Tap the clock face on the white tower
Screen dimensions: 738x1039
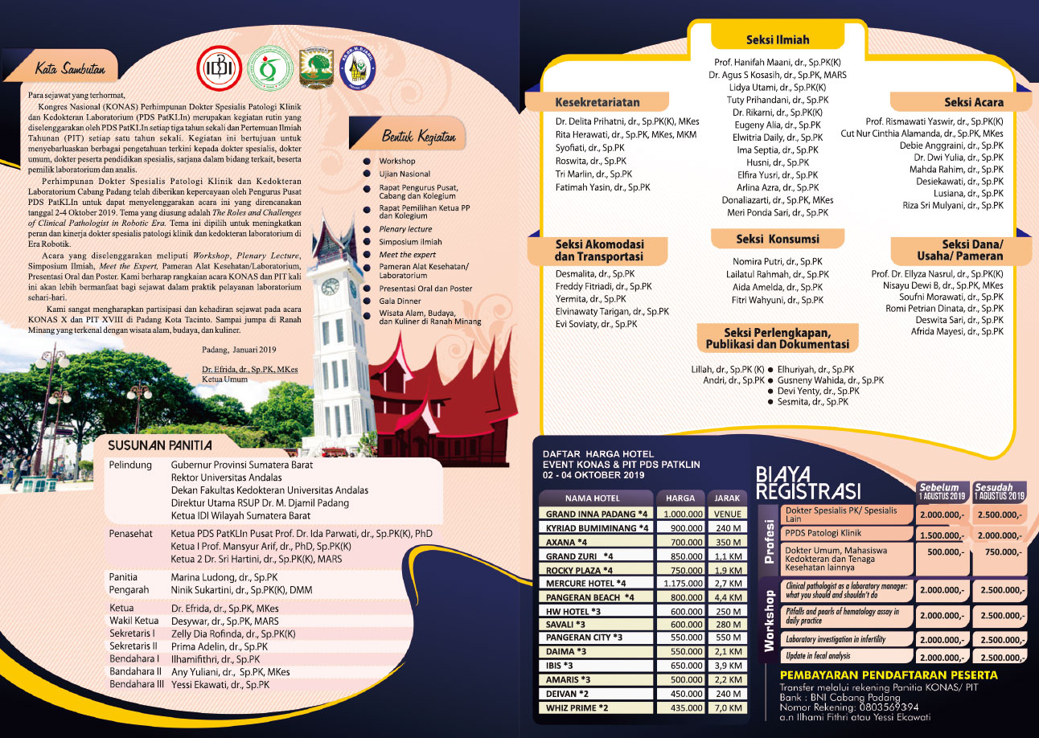click(330, 286)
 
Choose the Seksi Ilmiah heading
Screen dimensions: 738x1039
click(778, 39)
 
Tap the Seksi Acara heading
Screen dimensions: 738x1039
click(973, 103)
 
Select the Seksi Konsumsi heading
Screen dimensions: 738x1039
click(777, 239)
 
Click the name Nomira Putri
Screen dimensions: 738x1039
click(777, 261)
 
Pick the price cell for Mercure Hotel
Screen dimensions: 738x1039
click(680, 582)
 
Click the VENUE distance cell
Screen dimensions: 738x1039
click(727, 514)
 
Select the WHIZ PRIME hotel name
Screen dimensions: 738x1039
click(577, 707)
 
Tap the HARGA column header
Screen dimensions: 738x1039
click(680, 498)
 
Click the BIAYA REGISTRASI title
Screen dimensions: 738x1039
click(808, 482)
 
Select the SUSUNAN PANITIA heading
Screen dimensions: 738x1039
click(160, 445)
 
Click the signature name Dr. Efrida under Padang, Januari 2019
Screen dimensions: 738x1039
click(250, 369)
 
